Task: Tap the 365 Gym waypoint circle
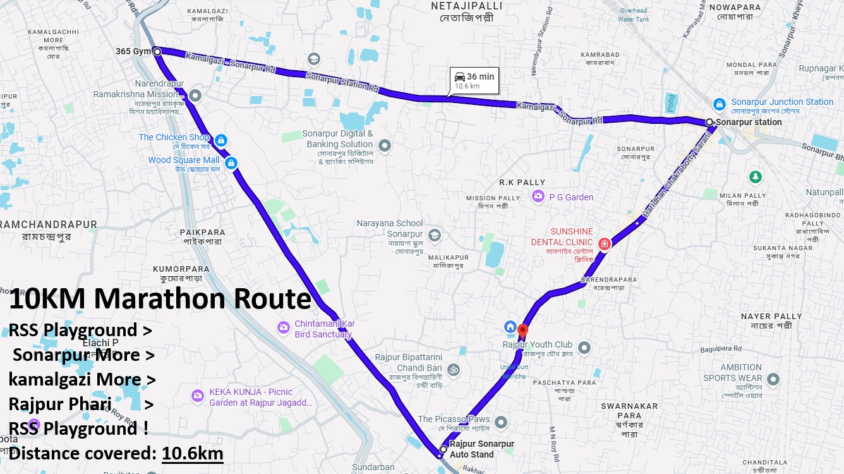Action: click(157, 51)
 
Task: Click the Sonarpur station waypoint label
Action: click(749, 122)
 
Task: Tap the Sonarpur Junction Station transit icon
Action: click(719, 103)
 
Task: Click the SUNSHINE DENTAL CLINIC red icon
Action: click(605, 243)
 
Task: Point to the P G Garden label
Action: click(571, 197)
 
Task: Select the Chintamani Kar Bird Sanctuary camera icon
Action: click(283, 327)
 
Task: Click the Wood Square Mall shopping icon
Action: click(231, 163)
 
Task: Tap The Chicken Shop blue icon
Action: click(220, 140)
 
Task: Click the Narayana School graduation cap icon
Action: click(434, 236)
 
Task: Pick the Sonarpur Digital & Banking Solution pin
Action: click(384, 146)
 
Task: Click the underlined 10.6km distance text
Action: click(192, 453)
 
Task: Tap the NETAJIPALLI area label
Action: click(467, 6)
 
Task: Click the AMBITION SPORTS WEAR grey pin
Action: click(773, 380)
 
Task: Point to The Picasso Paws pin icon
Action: click(501, 422)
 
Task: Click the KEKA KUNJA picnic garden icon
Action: click(198, 396)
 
